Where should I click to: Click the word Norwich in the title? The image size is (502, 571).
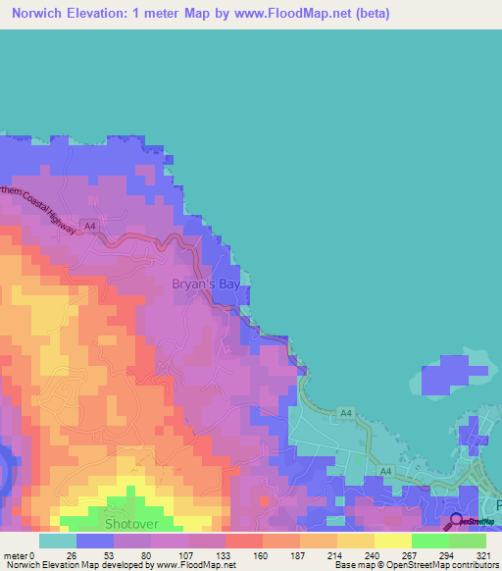(42, 14)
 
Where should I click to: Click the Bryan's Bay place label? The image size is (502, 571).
(206, 285)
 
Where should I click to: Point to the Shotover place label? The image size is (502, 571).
(131, 525)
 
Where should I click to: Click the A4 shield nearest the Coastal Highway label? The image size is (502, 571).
(90, 225)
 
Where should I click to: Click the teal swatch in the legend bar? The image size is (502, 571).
(57, 541)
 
